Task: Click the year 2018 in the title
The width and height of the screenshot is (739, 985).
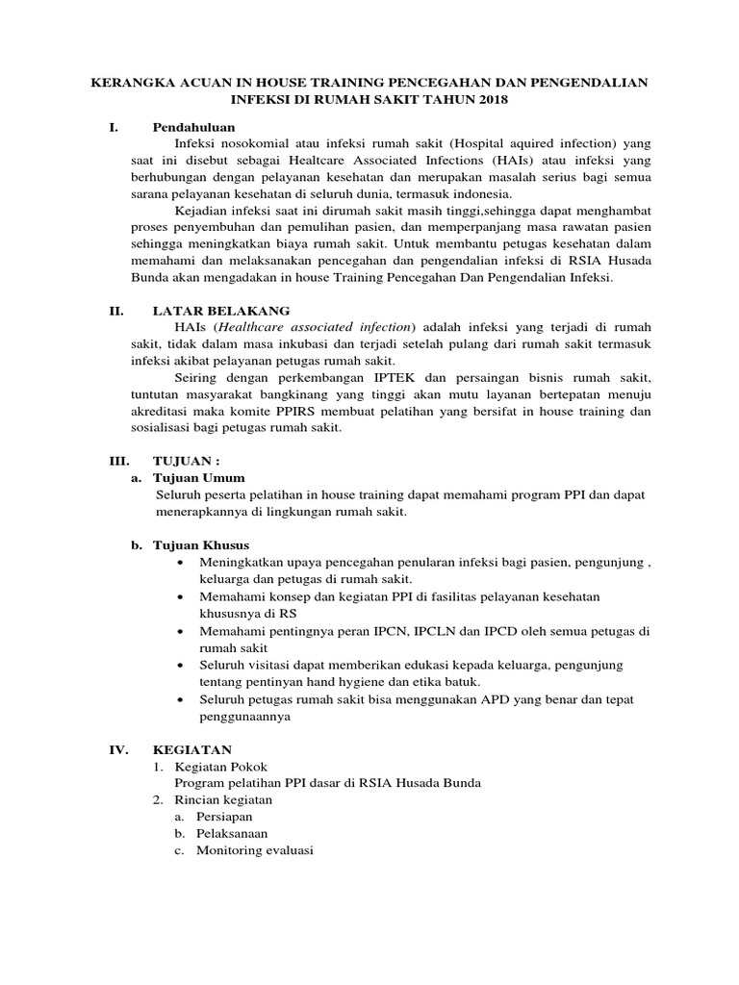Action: pos(493,100)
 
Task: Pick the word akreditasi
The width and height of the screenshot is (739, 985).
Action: pos(162,411)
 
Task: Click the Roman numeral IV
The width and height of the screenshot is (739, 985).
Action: pos(115,749)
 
